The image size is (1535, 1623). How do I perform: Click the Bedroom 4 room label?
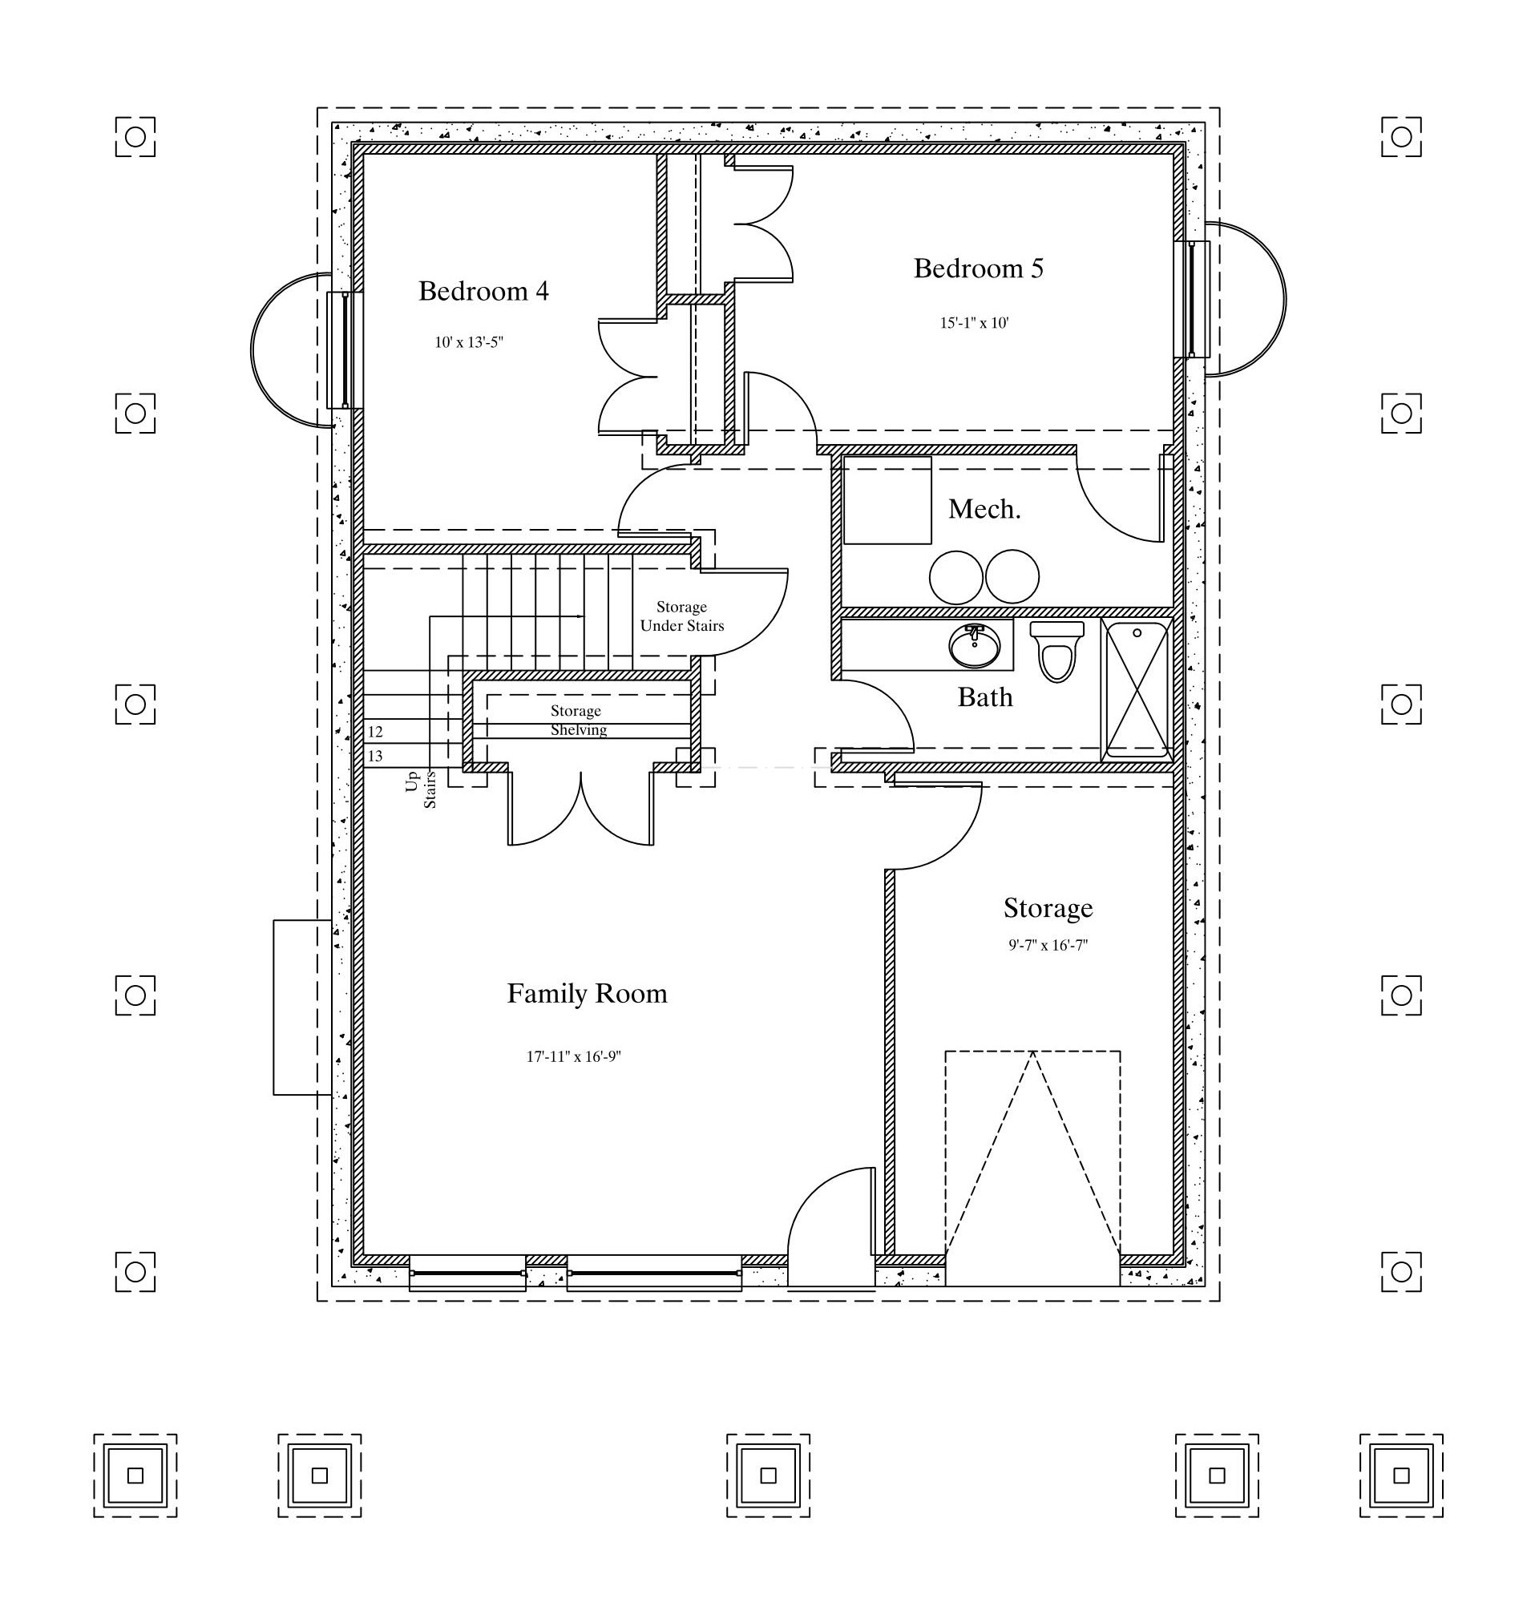tap(483, 290)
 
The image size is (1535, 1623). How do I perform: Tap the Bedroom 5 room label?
tap(979, 268)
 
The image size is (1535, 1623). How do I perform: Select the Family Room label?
tap(588, 993)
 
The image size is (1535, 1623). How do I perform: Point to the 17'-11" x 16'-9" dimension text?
tap(574, 1056)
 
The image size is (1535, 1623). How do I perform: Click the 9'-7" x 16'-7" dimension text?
tap(1048, 945)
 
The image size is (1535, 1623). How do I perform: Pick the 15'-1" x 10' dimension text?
tap(975, 322)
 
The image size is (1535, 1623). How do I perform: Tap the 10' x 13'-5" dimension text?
tap(469, 342)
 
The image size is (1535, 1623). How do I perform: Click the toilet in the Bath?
tap(1057, 651)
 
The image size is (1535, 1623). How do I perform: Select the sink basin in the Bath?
tap(975, 646)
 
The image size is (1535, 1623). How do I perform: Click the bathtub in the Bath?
tap(1137, 690)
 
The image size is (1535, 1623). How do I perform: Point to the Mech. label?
tap(984, 509)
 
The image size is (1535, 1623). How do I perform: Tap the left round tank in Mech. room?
tap(955, 577)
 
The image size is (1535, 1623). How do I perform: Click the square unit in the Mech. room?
tap(888, 500)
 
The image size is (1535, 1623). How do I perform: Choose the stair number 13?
tap(375, 756)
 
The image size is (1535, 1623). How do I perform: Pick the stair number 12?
tap(375, 731)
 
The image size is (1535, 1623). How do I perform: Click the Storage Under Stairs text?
tap(682, 616)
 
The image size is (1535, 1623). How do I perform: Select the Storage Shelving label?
tap(577, 720)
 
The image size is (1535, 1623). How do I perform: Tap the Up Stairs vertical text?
tap(421, 789)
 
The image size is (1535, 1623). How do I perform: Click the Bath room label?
tap(985, 697)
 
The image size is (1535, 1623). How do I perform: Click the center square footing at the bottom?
tap(768, 1476)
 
